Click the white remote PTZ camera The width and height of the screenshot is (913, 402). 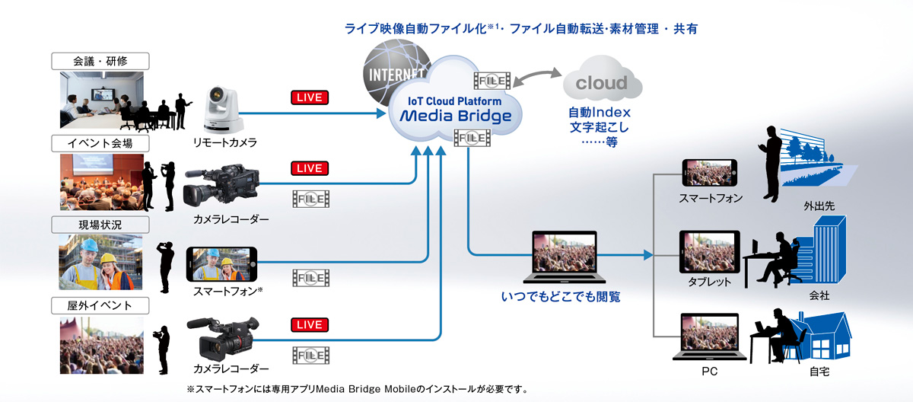(223, 108)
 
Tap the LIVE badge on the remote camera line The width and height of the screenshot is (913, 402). (309, 97)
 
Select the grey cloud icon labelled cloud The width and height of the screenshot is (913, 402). (601, 83)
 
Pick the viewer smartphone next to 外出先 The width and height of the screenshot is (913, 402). (711, 174)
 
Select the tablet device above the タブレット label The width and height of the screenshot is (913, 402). (709, 250)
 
